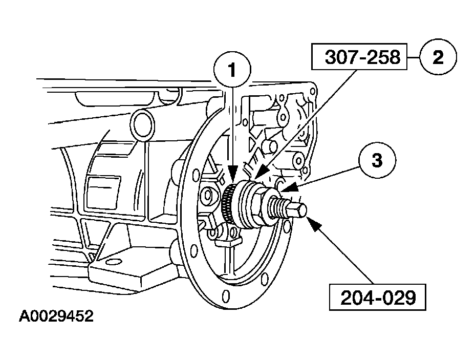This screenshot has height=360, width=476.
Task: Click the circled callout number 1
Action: (x=232, y=70)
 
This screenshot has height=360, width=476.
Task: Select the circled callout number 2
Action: (x=438, y=57)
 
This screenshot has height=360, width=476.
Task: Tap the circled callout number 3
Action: (x=377, y=160)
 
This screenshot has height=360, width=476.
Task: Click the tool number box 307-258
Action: (x=359, y=57)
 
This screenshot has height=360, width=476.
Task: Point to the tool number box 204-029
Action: (x=378, y=298)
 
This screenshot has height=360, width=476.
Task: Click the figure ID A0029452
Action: (x=56, y=316)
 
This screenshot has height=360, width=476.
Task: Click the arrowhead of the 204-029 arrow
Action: (x=314, y=224)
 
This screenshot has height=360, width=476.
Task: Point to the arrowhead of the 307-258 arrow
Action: (x=260, y=172)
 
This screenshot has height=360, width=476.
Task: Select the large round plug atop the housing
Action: (x=142, y=125)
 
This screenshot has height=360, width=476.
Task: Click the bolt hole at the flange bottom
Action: (x=225, y=295)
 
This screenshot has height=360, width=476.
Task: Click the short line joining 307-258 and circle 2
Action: (x=413, y=57)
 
